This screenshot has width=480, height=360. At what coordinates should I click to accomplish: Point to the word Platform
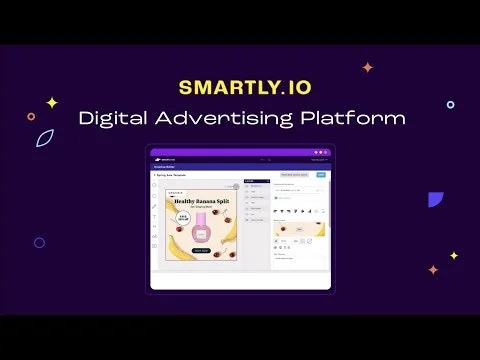click(355, 118)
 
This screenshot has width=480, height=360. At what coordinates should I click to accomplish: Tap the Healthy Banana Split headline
click(201, 201)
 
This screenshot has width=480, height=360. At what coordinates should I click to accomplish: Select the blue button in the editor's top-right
click(321, 175)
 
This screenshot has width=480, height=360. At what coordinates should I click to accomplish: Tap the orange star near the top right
click(368, 67)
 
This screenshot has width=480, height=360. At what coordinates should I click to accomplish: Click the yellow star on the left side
click(52, 102)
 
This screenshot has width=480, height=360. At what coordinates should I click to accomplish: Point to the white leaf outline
click(45, 138)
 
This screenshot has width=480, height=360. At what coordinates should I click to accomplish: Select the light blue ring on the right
click(451, 104)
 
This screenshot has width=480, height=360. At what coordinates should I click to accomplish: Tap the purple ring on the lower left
click(39, 242)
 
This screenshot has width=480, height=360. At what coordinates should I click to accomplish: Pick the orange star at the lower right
click(433, 269)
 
